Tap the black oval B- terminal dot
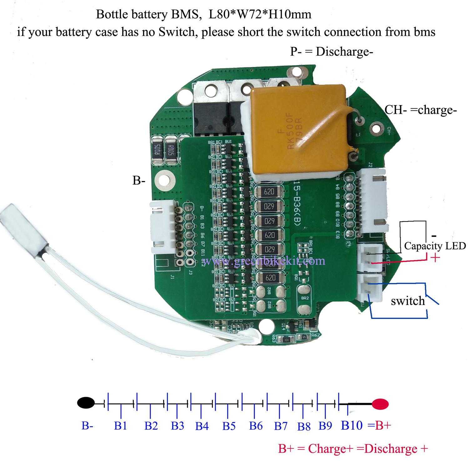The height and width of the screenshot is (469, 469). tap(86, 403)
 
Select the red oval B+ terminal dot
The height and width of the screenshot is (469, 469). tap(380, 404)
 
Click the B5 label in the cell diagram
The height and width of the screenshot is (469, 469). tap(229, 426)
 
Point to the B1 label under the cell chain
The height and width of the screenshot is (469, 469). tap(120, 426)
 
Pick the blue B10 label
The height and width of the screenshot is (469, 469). tap(352, 425)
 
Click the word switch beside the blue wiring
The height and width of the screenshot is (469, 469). tap(408, 301)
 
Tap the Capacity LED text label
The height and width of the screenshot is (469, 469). tap(435, 246)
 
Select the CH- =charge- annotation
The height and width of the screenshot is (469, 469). tap(421, 110)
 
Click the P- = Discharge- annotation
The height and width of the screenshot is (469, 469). tap(331, 52)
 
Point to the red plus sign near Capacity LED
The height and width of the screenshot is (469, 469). tap(435, 258)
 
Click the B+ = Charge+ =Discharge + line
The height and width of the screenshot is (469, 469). tap(353, 449)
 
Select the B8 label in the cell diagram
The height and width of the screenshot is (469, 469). tap(304, 426)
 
